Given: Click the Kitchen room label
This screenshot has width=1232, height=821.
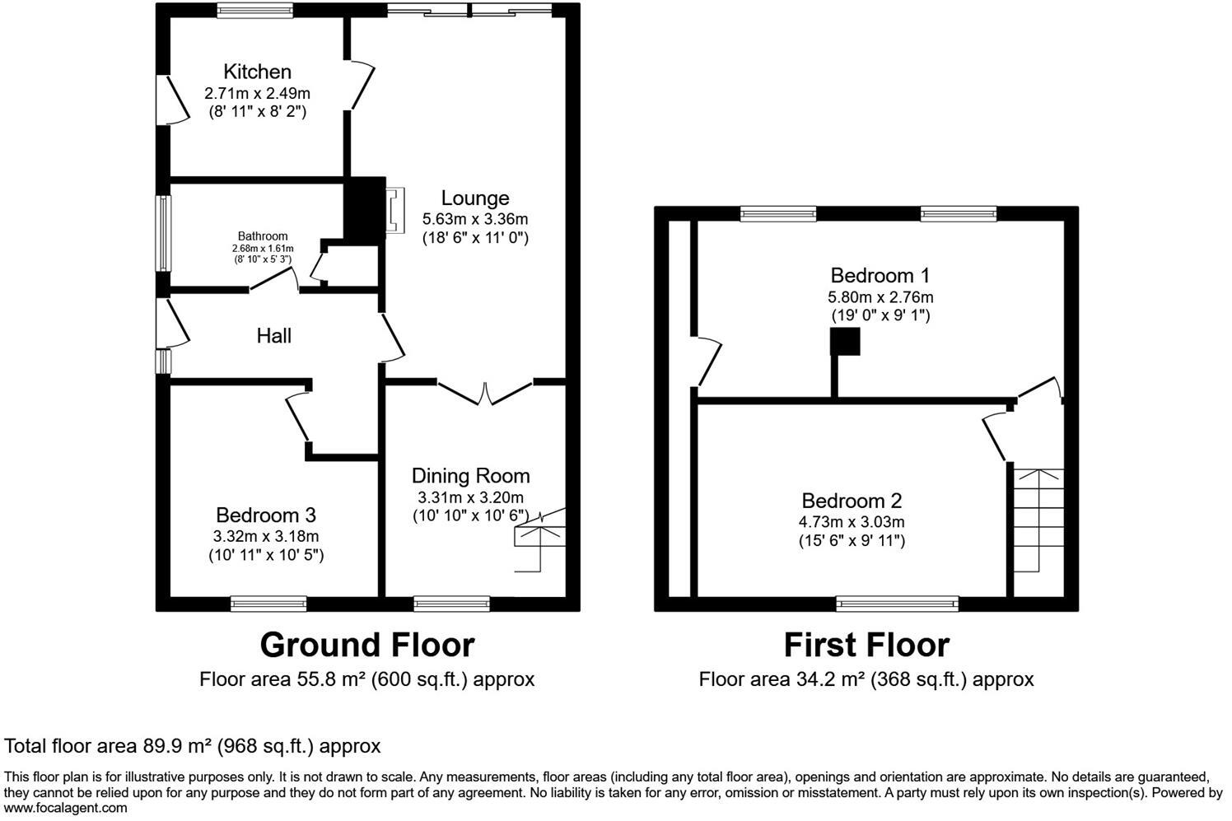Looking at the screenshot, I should point(258,72).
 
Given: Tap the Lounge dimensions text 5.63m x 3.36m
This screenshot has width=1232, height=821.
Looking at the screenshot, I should point(475,219).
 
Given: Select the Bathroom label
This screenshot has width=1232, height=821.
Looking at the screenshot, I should point(263,236).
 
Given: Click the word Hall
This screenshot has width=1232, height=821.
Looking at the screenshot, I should point(273,336).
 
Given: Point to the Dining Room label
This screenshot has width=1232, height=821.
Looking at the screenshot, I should point(470,476).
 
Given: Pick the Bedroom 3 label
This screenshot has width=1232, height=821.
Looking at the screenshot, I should point(265,515).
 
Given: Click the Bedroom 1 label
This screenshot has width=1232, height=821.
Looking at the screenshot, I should point(880,276).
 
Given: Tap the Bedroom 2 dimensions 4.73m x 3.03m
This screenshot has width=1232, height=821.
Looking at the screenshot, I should point(852,522).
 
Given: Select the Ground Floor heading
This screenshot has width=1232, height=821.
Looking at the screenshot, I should point(367,645).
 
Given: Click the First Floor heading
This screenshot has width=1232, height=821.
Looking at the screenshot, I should point(866,645).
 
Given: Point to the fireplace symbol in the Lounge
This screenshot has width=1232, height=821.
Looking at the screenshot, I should point(395,210).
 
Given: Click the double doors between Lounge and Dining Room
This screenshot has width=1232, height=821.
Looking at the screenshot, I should point(485,392).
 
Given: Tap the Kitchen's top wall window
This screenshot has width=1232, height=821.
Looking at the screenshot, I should point(255,11).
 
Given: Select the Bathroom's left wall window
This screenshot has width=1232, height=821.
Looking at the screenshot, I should point(165,233).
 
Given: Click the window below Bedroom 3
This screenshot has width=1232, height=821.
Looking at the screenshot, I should point(268,604).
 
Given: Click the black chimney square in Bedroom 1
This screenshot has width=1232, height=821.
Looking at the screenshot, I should point(845,342).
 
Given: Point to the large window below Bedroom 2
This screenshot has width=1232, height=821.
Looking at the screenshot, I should point(898,604).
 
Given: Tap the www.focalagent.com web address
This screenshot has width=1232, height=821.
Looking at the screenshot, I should point(66,808).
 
